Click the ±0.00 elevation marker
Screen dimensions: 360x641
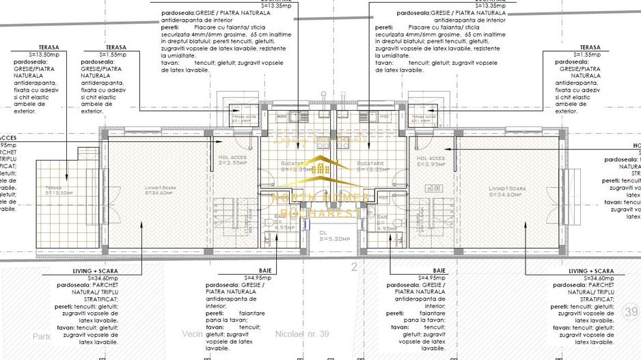coord(433,188)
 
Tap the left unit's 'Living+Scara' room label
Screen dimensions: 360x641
coord(160,191)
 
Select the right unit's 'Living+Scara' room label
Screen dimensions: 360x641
coord(505,191)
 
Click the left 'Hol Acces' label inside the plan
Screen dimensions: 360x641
coord(232,161)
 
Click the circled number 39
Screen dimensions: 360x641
coord(631,312)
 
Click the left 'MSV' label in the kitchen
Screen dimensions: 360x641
coord(281,117)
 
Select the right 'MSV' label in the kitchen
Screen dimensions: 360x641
coord(384,117)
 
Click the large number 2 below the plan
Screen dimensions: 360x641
coord(354,266)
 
